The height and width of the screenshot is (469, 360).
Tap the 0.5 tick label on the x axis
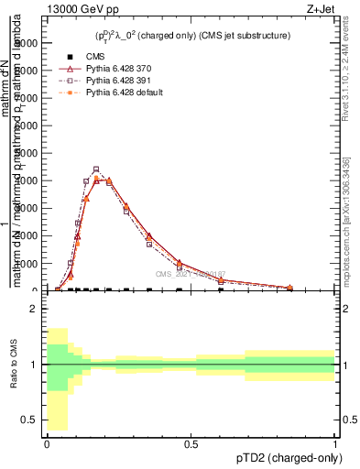[x=191, y=443]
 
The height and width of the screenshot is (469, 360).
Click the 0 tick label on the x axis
[x=47, y=443]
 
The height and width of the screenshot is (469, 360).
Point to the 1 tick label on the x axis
[x=335, y=443]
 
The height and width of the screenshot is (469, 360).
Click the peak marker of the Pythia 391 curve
[x=96, y=169]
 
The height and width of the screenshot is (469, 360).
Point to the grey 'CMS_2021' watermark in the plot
[x=189, y=274]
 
